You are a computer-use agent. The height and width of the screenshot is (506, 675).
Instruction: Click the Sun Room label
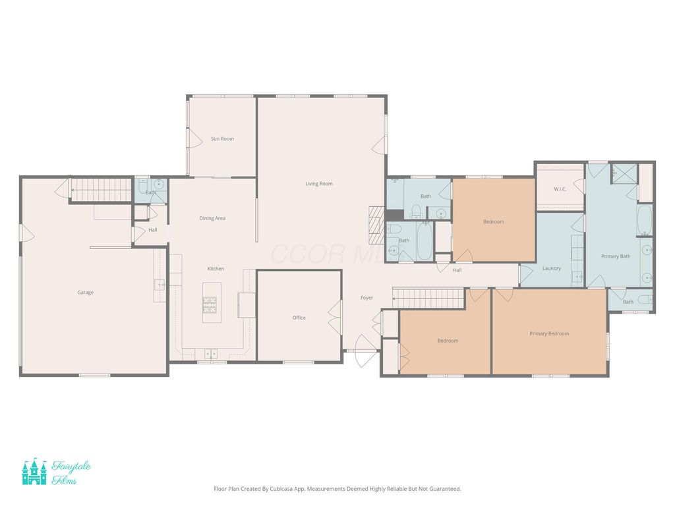pyautogui.click(x=222, y=138)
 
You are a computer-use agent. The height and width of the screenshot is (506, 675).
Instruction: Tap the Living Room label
pyautogui.click(x=319, y=184)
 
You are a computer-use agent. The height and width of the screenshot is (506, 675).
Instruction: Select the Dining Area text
pyautogui.click(x=212, y=218)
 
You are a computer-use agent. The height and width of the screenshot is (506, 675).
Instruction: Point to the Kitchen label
pyautogui.click(x=216, y=269)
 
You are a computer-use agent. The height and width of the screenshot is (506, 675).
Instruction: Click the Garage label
pyautogui.click(x=85, y=293)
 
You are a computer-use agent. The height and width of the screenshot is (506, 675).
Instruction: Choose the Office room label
pyautogui.click(x=299, y=318)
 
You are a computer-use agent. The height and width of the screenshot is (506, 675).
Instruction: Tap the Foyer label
pyautogui.click(x=367, y=298)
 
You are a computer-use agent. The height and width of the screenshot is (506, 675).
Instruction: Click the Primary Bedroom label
pyautogui.click(x=549, y=333)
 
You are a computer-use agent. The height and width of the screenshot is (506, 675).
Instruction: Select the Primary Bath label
pyautogui.click(x=616, y=256)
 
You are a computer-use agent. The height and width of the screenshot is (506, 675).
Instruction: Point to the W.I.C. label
pyautogui.click(x=560, y=189)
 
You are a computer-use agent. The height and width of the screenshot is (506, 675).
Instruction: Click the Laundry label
pyautogui.click(x=552, y=269)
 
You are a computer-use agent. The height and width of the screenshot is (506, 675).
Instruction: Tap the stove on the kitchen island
pyautogui.click(x=210, y=305)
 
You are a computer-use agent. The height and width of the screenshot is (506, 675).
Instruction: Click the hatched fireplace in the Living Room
pyautogui.click(x=376, y=225)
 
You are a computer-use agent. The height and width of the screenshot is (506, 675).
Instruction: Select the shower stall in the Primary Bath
pyautogui.click(x=624, y=174)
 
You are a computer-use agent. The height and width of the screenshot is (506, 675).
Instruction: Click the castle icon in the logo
pyautogui.click(x=34, y=472)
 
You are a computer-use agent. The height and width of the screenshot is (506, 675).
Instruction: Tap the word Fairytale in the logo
pyautogui.click(x=71, y=466)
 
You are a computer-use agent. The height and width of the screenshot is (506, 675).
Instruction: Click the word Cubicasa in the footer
pyautogui.click(x=281, y=489)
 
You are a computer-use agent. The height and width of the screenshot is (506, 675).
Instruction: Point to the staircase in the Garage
pyautogui.click(x=101, y=190)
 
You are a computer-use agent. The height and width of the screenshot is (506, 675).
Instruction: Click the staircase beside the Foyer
pyautogui.click(x=428, y=298)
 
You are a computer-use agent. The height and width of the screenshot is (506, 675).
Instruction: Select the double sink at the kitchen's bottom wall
pyautogui.click(x=211, y=354)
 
